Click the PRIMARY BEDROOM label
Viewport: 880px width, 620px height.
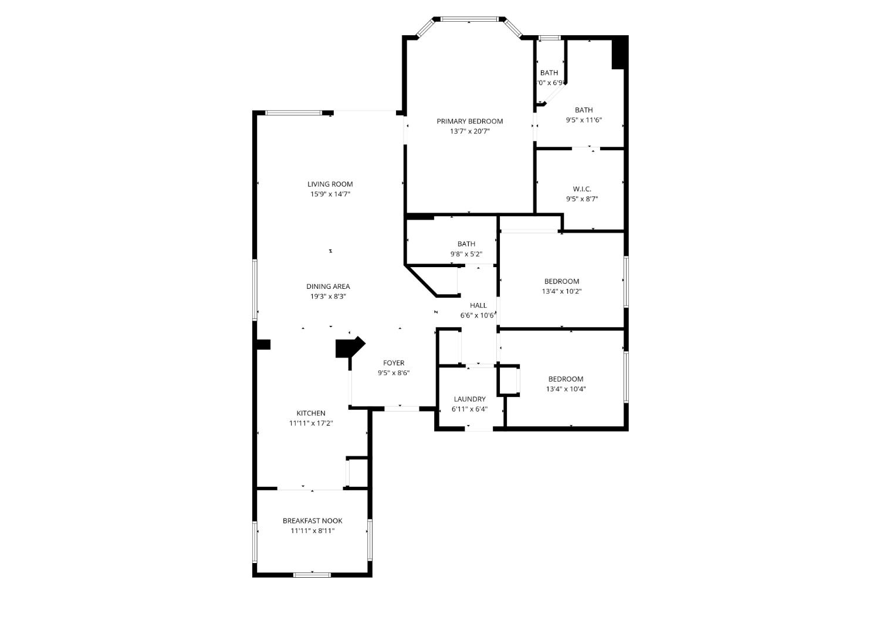click(x=469, y=121)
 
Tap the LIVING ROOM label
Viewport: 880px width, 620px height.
click(x=330, y=184)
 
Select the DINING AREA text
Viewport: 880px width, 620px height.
click(x=328, y=287)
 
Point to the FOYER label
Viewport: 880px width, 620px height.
click(x=394, y=363)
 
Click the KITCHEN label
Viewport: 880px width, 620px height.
click(x=310, y=413)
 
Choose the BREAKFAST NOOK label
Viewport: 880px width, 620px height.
click(x=312, y=521)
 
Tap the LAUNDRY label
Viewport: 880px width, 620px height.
click(x=469, y=399)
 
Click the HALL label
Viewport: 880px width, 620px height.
click(x=478, y=305)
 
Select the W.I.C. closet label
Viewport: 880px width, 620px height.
click(x=582, y=189)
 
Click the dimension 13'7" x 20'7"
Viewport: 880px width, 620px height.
click(x=469, y=132)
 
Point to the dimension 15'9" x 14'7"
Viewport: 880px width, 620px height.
click(x=330, y=194)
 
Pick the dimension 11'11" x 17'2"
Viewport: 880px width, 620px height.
click(x=310, y=423)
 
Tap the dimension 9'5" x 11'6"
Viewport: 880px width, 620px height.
click(x=583, y=120)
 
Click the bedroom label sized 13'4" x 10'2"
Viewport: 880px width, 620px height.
click(x=561, y=281)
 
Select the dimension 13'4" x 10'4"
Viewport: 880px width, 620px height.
click(x=566, y=389)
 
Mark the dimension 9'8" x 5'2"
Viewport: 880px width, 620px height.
click(x=466, y=254)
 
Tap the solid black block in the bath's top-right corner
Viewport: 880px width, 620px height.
click(x=619, y=53)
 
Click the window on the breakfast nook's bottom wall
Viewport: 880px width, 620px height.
click(x=312, y=575)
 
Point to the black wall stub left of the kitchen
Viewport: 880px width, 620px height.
click(x=263, y=345)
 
